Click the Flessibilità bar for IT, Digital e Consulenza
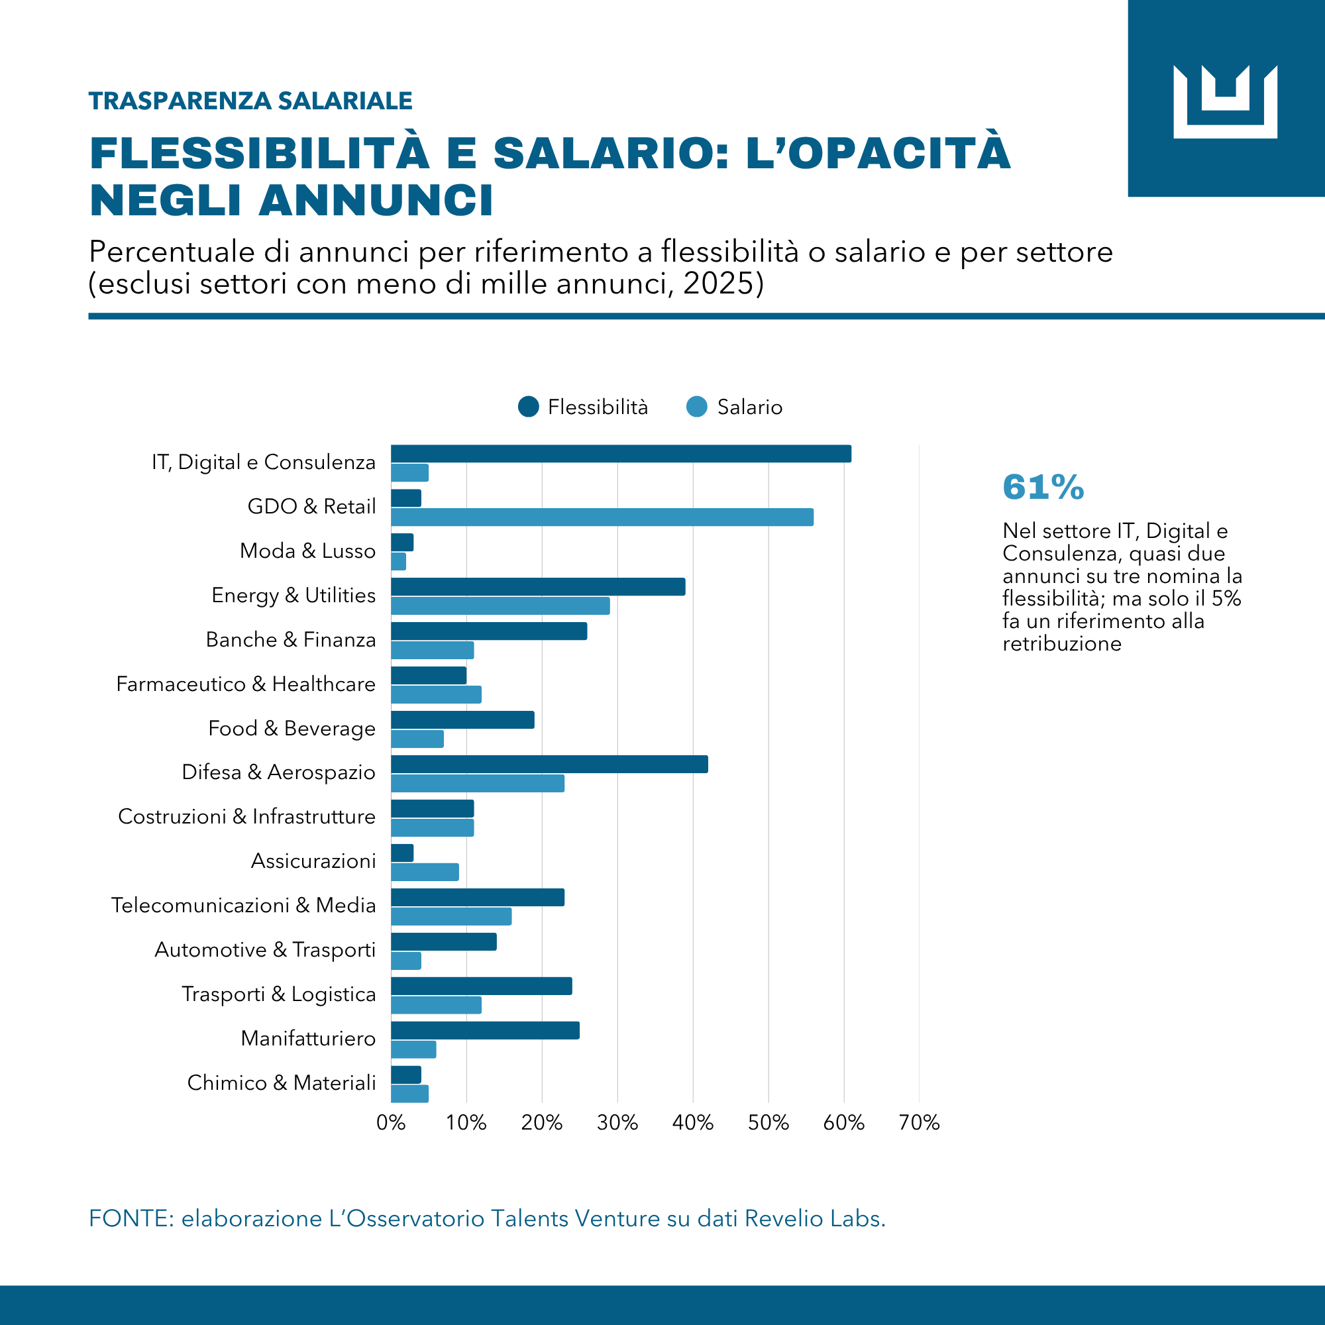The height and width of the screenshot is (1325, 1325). pyautogui.click(x=621, y=453)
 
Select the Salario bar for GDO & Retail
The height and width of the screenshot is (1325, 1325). pyautogui.click(x=602, y=517)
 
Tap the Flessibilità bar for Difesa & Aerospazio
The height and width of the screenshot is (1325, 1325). pyautogui.click(x=549, y=764)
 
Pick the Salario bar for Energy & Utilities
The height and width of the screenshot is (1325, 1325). pyautogui.click(x=500, y=606)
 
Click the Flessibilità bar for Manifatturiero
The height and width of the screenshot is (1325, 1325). pyautogui.click(x=485, y=1030)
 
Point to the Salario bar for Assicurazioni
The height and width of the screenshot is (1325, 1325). pyautogui.click(x=425, y=872)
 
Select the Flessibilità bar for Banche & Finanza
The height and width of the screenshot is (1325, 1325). pyautogui.click(x=489, y=631)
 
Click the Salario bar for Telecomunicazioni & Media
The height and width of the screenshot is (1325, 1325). pyautogui.click(x=451, y=916)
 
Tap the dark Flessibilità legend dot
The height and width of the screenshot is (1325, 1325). pyautogui.click(x=528, y=407)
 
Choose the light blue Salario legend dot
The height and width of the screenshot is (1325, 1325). pyautogui.click(x=697, y=407)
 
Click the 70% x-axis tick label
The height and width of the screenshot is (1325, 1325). pyautogui.click(x=919, y=1123)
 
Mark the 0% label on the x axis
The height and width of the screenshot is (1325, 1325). pyautogui.click(x=391, y=1123)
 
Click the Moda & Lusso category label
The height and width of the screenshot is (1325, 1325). pyautogui.click(x=308, y=551)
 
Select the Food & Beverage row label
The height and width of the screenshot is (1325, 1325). pyautogui.click(x=292, y=728)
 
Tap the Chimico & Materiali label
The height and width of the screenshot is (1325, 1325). pyautogui.click(x=282, y=1083)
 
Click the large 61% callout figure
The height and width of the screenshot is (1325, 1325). pyautogui.click(x=1043, y=487)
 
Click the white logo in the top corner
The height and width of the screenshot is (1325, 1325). pyautogui.click(x=1225, y=101)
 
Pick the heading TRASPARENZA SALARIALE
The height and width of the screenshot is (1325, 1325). pyautogui.click(x=251, y=101)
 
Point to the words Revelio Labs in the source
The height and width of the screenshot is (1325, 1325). pyautogui.click(x=815, y=1218)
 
